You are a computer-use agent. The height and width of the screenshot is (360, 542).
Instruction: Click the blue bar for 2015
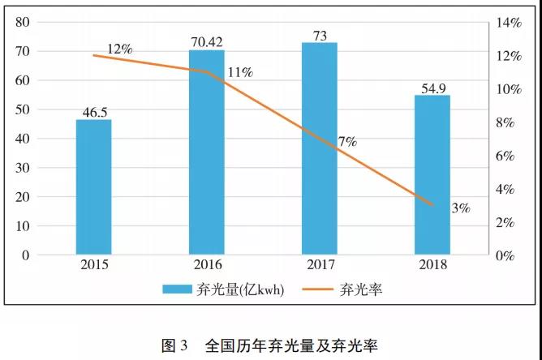point(93,186)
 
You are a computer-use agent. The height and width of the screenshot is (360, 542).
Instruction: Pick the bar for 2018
point(432,175)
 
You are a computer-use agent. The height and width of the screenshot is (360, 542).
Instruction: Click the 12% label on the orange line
point(119,49)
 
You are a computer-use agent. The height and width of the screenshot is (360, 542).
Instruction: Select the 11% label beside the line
point(241,72)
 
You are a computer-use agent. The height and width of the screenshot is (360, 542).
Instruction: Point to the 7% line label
point(347,142)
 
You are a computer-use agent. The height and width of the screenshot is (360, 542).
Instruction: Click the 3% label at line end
point(461,208)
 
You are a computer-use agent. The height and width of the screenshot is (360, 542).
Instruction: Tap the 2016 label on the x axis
point(206,265)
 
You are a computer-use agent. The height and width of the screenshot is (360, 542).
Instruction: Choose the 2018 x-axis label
point(432,265)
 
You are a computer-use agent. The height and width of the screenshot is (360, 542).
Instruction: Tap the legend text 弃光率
point(357,289)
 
